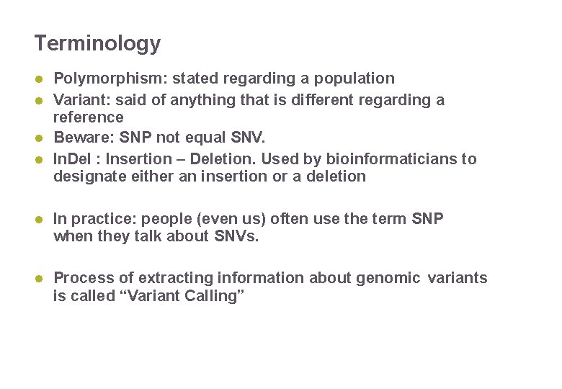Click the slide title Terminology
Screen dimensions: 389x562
(97, 44)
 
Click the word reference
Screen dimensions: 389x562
(89, 117)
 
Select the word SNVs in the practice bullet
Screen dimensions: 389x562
(236, 236)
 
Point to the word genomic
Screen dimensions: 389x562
(388, 278)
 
